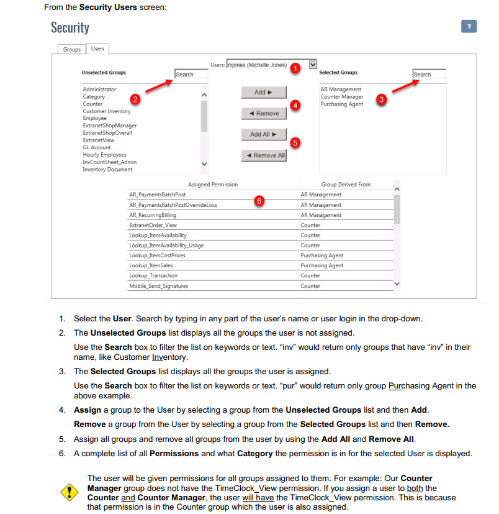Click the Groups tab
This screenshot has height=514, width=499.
click(x=72, y=49)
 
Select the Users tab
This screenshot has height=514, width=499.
click(x=97, y=48)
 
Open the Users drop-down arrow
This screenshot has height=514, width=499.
click(x=313, y=64)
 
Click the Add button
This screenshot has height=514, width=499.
click(x=264, y=92)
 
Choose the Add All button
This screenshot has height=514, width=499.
click(x=264, y=134)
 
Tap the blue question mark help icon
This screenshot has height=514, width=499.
click(x=469, y=27)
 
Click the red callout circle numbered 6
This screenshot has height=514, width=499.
click(x=259, y=200)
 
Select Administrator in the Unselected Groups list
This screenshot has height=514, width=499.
click(x=99, y=89)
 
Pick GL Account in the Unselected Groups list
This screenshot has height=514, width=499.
click(x=97, y=147)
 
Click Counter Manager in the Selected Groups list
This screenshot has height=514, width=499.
click(x=341, y=97)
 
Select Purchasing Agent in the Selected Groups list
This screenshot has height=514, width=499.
click(x=342, y=104)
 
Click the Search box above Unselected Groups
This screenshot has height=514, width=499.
click(x=191, y=75)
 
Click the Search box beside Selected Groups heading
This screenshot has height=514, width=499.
click(x=429, y=75)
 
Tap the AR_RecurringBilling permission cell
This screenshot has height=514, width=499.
click(x=153, y=215)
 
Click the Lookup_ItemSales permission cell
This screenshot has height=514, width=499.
click(x=151, y=265)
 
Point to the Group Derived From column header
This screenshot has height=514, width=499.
click(x=346, y=185)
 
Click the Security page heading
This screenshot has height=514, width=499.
click(x=70, y=28)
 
